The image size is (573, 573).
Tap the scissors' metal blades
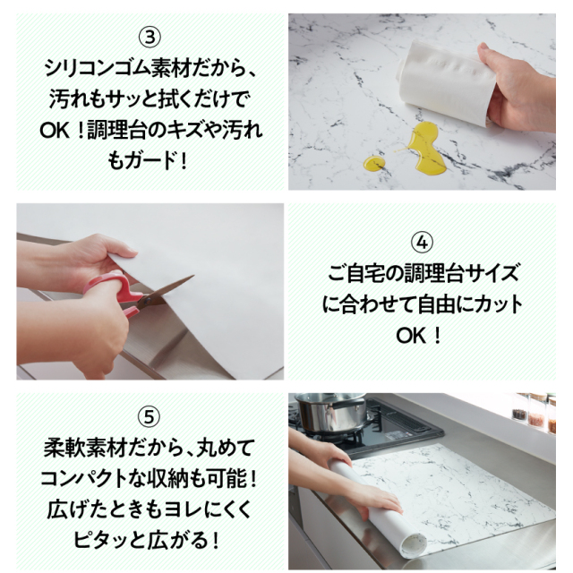[170, 288]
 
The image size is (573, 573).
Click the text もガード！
[150, 158]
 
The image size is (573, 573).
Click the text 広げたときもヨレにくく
[150, 509]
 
